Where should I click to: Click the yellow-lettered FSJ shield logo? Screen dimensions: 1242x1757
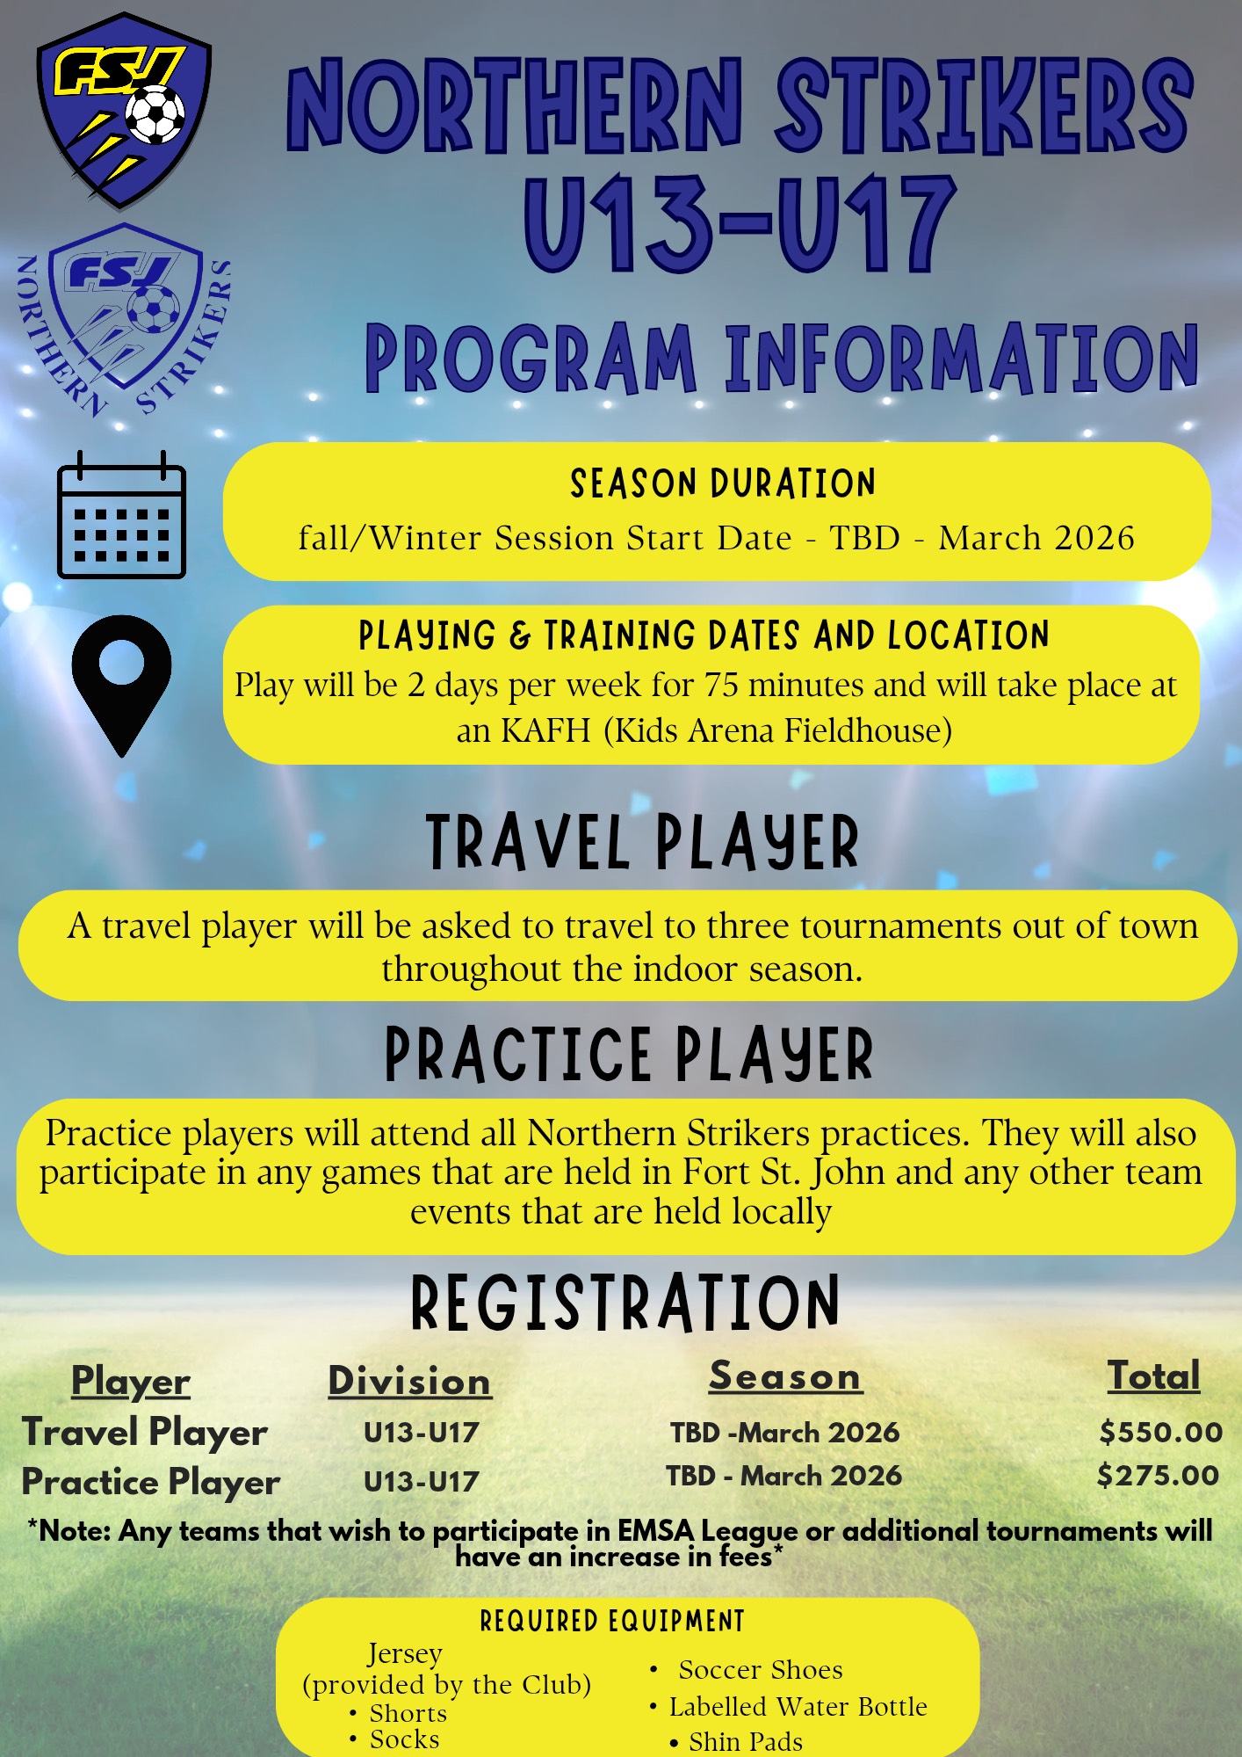124,111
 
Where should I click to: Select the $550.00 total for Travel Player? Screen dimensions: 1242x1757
1160,1432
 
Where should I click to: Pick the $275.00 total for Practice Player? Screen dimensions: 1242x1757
1158,1475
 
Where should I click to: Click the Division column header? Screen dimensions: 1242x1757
409,1381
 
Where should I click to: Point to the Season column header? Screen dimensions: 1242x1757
785,1376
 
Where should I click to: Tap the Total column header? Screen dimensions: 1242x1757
1153,1376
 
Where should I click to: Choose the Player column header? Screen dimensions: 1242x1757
131,1382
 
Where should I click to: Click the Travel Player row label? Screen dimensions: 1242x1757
145,1433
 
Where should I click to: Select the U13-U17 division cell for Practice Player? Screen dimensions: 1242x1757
422,1482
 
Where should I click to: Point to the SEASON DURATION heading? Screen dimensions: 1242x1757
723,483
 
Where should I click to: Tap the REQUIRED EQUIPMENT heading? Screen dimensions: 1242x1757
612,1621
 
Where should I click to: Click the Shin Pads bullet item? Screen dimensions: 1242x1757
737,1741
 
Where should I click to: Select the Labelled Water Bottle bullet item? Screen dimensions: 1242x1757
789,1707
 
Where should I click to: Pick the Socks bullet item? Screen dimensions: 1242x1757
394,1739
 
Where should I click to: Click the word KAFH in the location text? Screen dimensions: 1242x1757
545,731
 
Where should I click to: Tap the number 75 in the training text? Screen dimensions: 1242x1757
721,686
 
